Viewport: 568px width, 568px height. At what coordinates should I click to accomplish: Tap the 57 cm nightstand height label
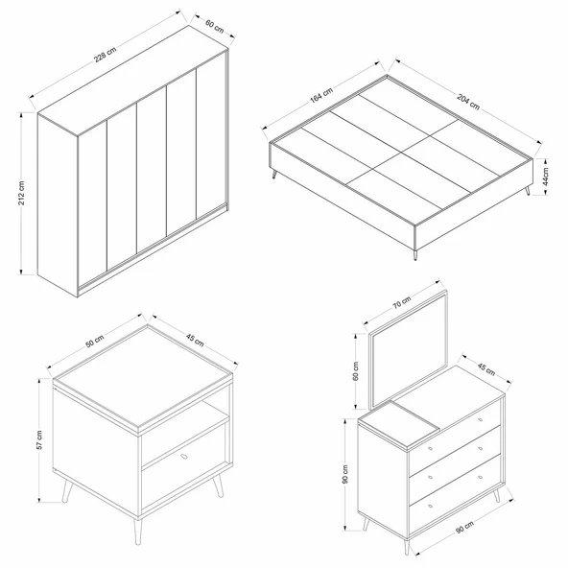click(38, 438)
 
